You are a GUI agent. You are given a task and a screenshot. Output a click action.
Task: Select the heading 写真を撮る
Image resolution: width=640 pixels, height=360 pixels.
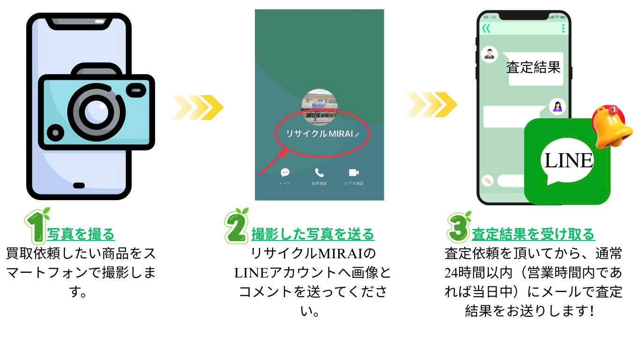[x=81, y=233]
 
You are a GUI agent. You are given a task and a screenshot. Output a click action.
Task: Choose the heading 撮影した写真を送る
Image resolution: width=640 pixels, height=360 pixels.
[x=313, y=233]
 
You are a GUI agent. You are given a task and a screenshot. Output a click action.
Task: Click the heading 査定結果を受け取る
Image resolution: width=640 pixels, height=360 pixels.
[x=533, y=233]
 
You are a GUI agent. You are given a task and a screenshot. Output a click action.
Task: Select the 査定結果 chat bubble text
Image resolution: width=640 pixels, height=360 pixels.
[x=533, y=67]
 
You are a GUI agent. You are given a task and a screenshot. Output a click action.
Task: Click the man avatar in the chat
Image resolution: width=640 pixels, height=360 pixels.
[x=489, y=55]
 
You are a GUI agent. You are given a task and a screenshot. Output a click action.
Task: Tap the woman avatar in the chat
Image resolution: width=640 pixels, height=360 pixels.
[x=557, y=107]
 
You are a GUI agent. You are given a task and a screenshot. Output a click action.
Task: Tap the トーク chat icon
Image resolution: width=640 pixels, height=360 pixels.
[x=284, y=172]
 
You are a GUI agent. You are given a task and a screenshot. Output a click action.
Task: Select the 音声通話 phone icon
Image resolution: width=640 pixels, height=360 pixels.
[x=319, y=172]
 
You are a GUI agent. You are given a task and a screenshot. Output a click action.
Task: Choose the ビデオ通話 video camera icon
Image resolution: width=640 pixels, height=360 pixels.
[x=354, y=172]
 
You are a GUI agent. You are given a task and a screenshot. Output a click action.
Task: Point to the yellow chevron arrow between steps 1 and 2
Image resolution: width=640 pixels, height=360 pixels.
[x=197, y=107]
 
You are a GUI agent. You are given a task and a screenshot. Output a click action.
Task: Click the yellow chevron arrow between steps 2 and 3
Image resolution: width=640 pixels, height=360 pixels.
[x=432, y=105]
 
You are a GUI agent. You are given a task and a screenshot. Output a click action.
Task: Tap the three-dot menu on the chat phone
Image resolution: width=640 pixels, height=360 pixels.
[x=563, y=29]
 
